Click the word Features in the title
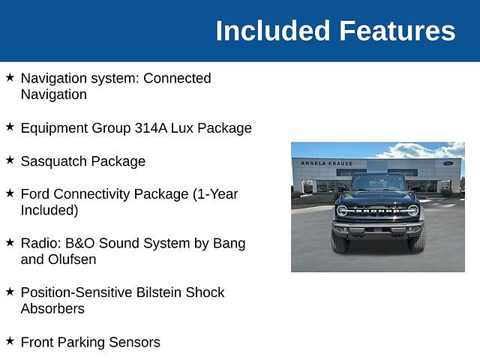click(397, 31)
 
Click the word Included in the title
click(273, 31)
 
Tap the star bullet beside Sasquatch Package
click(10, 160)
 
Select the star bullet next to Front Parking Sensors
click(10, 340)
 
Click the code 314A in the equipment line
click(151, 128)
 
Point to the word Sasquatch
click(54, 161)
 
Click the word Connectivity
click(121, 194)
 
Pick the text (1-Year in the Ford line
click(215, 194)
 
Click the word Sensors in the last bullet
click(134, 342)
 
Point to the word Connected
click(177, 78)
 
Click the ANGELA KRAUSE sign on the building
click(327, 163)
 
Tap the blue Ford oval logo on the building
click(448, 163)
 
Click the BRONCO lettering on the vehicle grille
click(378, 211)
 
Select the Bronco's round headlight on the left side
click(342, 211)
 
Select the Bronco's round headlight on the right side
click(413, 211)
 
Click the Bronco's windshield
click(378, 183)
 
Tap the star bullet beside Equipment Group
click(10, 127)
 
